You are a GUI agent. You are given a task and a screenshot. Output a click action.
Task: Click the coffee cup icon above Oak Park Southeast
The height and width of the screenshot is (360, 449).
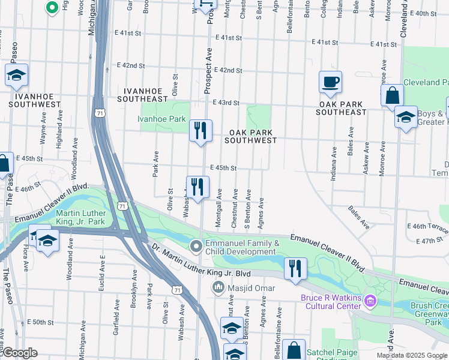[330, 82]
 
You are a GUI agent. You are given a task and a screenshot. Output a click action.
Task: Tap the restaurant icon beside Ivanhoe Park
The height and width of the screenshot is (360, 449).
[200, 130]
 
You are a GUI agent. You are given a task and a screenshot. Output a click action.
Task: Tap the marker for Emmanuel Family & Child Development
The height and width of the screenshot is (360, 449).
[196, 246]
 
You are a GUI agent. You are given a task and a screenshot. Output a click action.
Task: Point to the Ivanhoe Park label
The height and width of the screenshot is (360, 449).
[161, 119]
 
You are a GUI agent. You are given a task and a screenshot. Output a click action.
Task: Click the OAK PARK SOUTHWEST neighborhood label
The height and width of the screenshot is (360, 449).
[250, 136]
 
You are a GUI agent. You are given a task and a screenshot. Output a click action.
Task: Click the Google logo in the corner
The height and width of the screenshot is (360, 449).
[19, 353]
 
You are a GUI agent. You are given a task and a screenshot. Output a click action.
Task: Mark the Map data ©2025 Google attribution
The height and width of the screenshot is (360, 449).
[412, 355]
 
